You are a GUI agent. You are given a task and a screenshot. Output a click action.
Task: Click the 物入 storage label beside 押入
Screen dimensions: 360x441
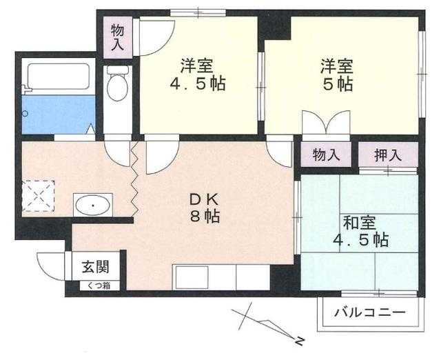(x=326, y=154)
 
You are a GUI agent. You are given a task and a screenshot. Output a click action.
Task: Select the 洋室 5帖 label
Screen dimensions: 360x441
(x=336, y=76)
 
